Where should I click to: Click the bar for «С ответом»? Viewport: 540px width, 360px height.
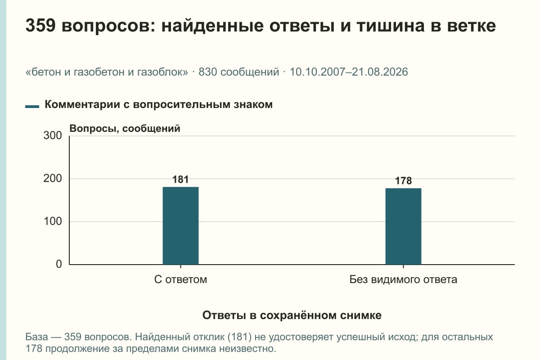point(180,226)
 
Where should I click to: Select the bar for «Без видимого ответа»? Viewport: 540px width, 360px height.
point(403,226)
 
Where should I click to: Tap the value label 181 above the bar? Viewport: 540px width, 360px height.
point(180,180)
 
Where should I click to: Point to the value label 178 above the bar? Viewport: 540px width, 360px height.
point(403,181)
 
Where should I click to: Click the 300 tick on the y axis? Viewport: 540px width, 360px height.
point(53,135)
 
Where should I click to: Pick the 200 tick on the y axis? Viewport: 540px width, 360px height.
point(53,179)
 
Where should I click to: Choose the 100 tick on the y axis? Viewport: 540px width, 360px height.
point(53,221)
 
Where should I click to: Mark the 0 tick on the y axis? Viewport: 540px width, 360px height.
point(59,264)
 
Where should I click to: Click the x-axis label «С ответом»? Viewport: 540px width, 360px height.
point(180,279)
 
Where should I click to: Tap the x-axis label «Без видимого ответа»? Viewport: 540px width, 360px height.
point(403,279)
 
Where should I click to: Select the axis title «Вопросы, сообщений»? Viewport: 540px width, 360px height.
point(125,129)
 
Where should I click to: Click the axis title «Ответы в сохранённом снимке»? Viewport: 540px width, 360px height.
point(292,315)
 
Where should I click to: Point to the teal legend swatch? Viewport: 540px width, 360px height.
point(32,106)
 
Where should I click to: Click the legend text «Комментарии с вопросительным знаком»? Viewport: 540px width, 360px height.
point(158,105)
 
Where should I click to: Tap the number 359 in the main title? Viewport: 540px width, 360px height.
point(40,26)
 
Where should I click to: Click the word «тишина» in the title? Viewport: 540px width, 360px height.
point(391,26)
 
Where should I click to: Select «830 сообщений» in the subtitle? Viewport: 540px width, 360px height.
point(238,72)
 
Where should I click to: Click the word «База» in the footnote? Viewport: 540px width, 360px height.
point(36,337)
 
